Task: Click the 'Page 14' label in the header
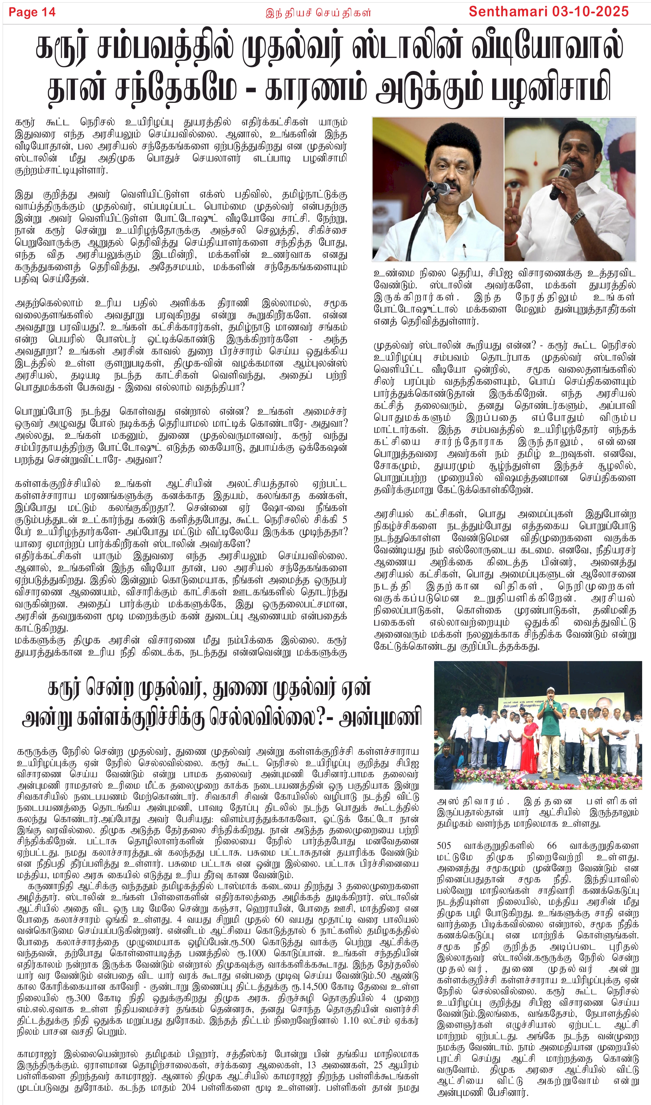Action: click(x=32, y=12)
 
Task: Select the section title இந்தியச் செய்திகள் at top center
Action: click(x=318, y=13)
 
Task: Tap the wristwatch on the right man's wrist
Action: click(x=578, y=216)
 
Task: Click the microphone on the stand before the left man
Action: click(x=439, y=189)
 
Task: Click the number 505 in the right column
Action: click(x=444, y=846)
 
